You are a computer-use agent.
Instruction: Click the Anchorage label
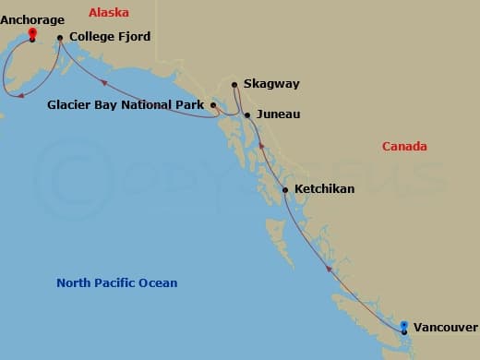point(32,19)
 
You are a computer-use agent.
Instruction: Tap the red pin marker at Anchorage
point(32,34)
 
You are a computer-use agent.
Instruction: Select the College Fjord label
point(109,38)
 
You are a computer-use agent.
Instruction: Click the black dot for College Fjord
point(60,38)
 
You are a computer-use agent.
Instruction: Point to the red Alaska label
point(109,12)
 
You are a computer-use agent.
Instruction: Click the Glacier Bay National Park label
point(126,105)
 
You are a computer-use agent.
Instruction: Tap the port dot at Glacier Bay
point(213,105)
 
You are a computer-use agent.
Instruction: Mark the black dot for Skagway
point(235,85)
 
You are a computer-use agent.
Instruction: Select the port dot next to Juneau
point(247,114)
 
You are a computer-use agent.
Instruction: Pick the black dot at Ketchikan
point(285,190)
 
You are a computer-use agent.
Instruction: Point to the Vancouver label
point(445,328)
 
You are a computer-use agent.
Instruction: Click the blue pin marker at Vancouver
point(404,326)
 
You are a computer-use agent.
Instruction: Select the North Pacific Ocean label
point(116,283)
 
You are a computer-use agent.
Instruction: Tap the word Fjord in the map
point(133,38)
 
